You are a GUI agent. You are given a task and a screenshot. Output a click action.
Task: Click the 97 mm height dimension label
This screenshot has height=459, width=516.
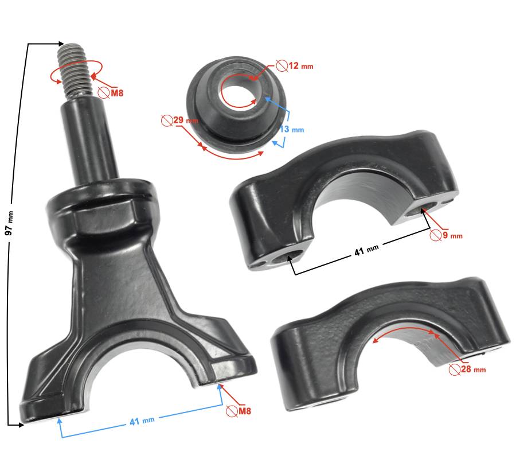pyautogui.click(x=10, y=224)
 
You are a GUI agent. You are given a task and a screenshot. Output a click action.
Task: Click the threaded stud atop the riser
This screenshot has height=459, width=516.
pyautogui.click(x=75, y=71)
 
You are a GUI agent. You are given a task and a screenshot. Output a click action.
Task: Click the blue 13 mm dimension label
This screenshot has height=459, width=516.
pyautogui.click(x=292, y=130)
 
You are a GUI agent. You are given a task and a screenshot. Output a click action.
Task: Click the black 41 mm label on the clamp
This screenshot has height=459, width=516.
pyautogui.click(x=366, y=251)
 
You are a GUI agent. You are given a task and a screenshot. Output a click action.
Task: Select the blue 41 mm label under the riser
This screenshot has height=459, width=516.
pyautogui.click(x=142, y=421)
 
